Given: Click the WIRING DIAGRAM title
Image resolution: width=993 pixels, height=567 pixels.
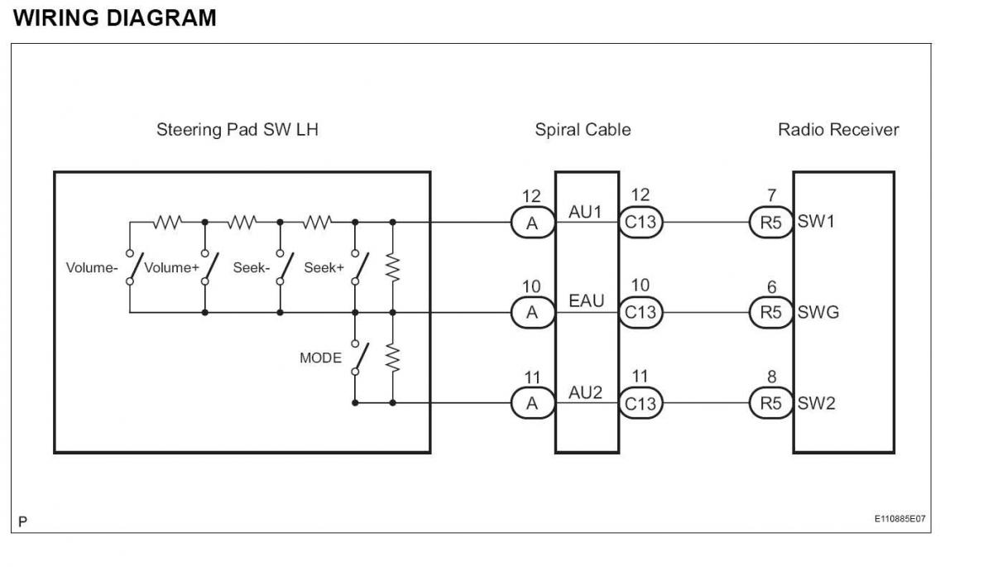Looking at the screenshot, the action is (115, 18).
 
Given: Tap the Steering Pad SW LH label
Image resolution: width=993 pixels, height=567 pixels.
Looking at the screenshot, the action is (237, 129).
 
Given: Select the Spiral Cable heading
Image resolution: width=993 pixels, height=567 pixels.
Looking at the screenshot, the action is (583, 129).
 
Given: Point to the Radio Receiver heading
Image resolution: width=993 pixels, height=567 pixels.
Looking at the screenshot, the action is (837, 129).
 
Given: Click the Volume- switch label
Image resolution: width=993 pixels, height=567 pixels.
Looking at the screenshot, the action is (92, 267).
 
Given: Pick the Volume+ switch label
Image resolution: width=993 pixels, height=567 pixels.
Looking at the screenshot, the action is (171, 267).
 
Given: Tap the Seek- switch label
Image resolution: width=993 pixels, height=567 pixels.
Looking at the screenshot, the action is (252, 267).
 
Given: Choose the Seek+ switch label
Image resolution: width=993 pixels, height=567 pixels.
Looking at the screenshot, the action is (324, 267).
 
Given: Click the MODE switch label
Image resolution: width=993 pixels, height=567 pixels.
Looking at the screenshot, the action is (320, 358).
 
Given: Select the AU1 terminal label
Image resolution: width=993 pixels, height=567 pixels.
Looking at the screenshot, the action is (585, 212).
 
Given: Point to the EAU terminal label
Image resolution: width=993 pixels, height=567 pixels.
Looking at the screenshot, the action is (586, 301).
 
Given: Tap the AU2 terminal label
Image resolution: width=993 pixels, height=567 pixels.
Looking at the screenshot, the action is (585, 392).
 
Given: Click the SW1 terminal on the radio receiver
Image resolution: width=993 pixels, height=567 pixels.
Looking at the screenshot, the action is (816, 221).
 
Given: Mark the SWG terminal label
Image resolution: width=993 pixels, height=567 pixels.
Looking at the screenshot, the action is (818, 313).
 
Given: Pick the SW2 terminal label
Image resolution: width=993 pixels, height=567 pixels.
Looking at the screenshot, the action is (816, 403).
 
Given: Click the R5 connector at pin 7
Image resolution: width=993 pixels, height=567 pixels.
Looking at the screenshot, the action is (771, 222).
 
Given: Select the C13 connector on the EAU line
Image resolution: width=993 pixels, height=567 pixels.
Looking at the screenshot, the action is (640, 313).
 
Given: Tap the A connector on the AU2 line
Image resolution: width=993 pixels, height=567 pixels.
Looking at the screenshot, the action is (532, 403).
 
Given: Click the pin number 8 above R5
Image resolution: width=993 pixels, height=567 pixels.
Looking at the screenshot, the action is (772, 377).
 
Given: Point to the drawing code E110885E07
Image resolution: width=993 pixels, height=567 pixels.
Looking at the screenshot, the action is (899, 519).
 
